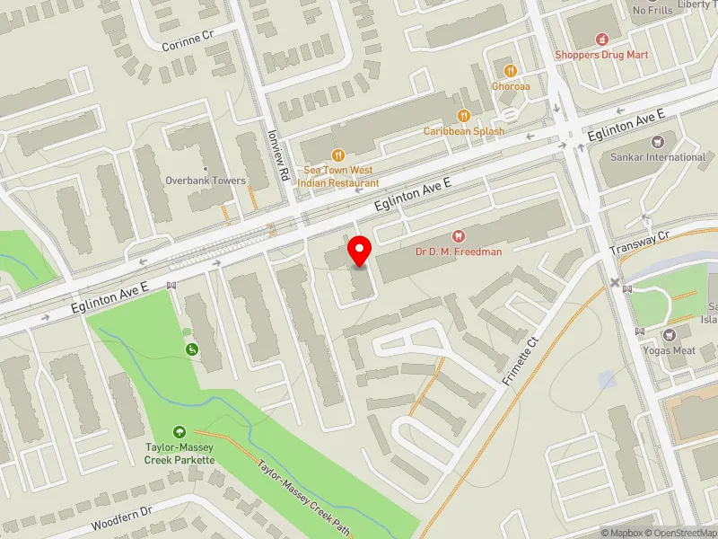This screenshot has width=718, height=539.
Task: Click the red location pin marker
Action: tap(360, 251)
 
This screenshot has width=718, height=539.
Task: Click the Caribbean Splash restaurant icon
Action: tap(464, 115)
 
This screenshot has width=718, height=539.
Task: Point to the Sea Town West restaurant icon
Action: tap(338, 154)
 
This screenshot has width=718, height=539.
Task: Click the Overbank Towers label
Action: tap(206, 180)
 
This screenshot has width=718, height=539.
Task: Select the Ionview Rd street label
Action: tap(276, 155)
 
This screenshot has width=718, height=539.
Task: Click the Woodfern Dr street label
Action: tap(123, 520)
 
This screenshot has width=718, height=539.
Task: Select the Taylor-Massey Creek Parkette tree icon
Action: tap(179, 432)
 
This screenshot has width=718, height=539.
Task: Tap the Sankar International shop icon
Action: tap(658, 141)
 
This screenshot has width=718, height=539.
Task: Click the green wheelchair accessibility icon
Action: tap(190, 349)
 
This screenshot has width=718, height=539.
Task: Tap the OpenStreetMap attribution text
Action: tap(677, 532)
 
